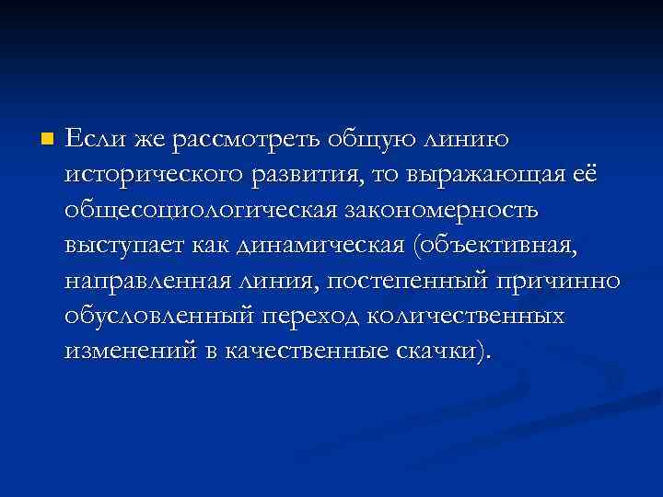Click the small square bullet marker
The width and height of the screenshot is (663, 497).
point(48,140)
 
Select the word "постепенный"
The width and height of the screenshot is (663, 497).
point(404,280)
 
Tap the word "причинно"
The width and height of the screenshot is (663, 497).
point(563,280)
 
